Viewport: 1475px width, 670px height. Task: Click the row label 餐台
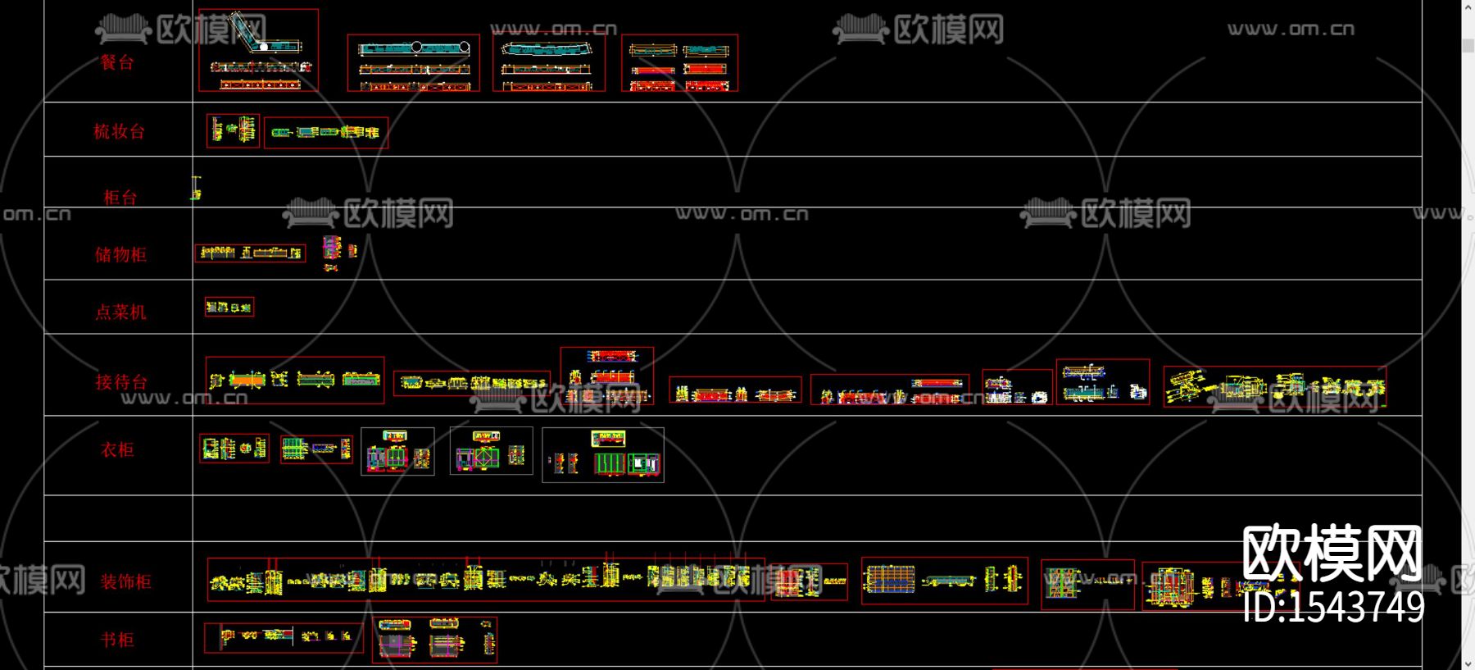[116, 62]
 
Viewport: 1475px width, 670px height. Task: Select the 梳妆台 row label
[119, 131]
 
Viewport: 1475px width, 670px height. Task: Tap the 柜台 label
[120, 197]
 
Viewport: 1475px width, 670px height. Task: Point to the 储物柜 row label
[120, 254]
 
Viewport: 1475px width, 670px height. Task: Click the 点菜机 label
[120, 312]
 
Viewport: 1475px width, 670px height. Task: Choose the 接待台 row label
[121, 381]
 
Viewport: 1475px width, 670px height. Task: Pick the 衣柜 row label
[117, 449]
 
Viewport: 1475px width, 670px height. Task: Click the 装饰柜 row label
[125, 581]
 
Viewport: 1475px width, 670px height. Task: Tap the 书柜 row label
[117, 640]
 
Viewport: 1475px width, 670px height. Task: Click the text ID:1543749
[1333, 608]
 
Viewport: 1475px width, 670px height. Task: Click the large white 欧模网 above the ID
[1332, 554]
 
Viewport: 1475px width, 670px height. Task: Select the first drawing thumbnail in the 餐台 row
[258, 50]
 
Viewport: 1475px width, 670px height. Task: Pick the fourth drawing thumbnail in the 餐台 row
[679, 62]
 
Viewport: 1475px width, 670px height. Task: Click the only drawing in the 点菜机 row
[229, 307]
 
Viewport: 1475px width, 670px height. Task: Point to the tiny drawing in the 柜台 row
[196, 188]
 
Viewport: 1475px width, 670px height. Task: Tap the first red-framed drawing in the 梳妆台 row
[233, 130]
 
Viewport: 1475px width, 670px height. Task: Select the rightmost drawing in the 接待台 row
[1274, 386]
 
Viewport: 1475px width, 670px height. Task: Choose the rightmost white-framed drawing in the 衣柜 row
[602, 454]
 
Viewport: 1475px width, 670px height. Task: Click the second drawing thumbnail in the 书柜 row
[434, 639]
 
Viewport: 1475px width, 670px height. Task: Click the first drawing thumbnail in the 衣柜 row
[234, 449]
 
